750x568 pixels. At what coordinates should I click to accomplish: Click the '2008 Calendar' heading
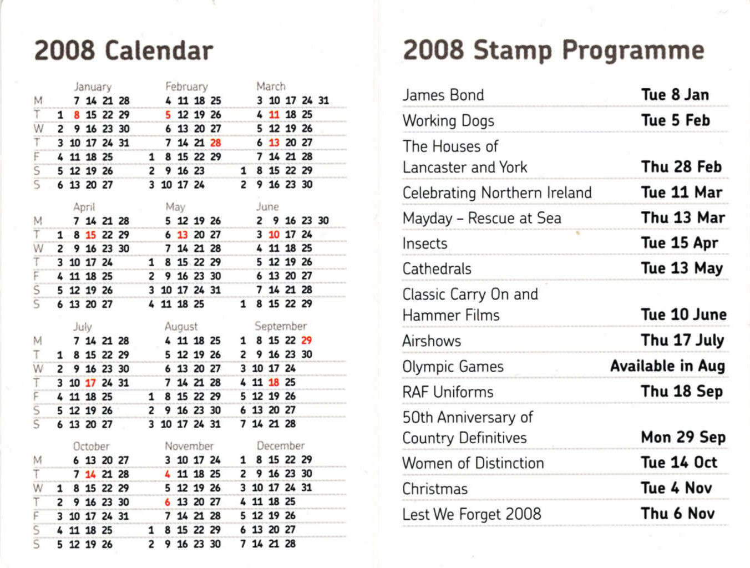124,50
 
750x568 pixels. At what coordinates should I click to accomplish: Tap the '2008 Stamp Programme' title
554,50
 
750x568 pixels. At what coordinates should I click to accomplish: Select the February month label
186,87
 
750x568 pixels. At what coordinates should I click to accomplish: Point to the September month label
281,326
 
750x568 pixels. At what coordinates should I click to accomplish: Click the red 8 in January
77,115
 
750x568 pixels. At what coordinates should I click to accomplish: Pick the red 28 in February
216,143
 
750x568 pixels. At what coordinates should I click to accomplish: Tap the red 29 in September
307,340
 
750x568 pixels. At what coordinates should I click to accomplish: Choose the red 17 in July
90,383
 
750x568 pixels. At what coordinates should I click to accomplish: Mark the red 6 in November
168,502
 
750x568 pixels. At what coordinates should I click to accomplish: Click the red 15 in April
90,235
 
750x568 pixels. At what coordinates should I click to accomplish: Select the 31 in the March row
323,100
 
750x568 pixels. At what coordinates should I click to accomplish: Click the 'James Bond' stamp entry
443,95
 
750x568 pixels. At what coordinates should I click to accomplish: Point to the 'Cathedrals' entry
437,269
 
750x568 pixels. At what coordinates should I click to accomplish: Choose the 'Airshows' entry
432,341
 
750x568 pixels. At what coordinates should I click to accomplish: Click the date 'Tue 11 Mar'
682,192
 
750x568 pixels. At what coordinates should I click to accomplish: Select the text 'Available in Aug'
668,366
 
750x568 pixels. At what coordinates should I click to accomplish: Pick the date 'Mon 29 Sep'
683,437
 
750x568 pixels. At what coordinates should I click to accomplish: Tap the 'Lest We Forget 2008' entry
472,514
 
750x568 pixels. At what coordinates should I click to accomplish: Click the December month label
281,446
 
